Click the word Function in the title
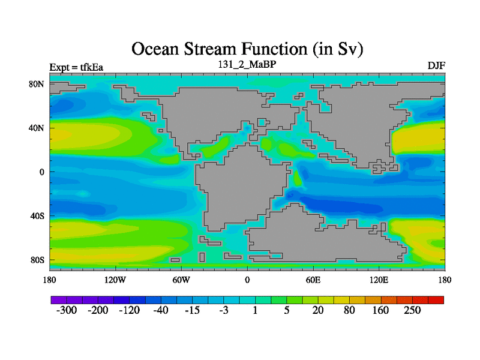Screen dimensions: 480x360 click(x=274, y=49)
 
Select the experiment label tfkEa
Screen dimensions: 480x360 click(x=92, y=67)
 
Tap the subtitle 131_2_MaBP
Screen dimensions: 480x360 click(x=247, y=64)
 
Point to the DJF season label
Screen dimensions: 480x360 click(x=436, y=66)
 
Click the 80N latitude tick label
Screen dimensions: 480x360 click(x=37, y=84)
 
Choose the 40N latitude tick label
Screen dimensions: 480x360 click(x=37, y=128)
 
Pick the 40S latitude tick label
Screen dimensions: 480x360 click(x=37, y=216)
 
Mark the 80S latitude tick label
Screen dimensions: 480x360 click(x=37, y=260)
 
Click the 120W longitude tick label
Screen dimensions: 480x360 click(x=115, y=280)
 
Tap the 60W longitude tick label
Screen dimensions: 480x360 click(x=181, y=280)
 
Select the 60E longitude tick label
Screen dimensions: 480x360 click(x=313, y=280)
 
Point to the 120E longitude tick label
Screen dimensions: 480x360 click(x=379, y=280)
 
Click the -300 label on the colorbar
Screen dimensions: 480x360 click(x=67, y=310)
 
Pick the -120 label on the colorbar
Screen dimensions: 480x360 click(x=129, y=310)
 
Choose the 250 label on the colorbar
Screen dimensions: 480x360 click(x=412, y=310)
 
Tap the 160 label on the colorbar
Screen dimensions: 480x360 click(x=380, y=310)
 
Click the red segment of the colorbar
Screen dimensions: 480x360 click(x=436, y=300)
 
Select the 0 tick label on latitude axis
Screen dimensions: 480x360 click(x=41, y=172)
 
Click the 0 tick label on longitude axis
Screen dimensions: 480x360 click(x=247, y=280)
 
